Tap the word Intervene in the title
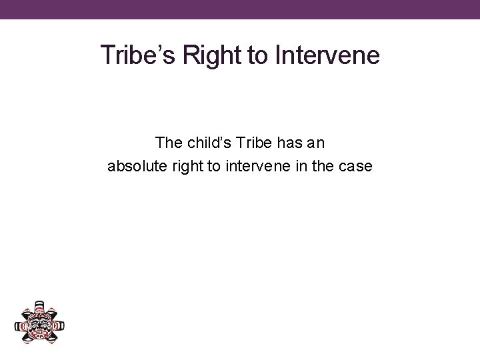[x=327, y=55]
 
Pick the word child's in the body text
[x=207, y=143]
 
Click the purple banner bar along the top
[x=240, y=9]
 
